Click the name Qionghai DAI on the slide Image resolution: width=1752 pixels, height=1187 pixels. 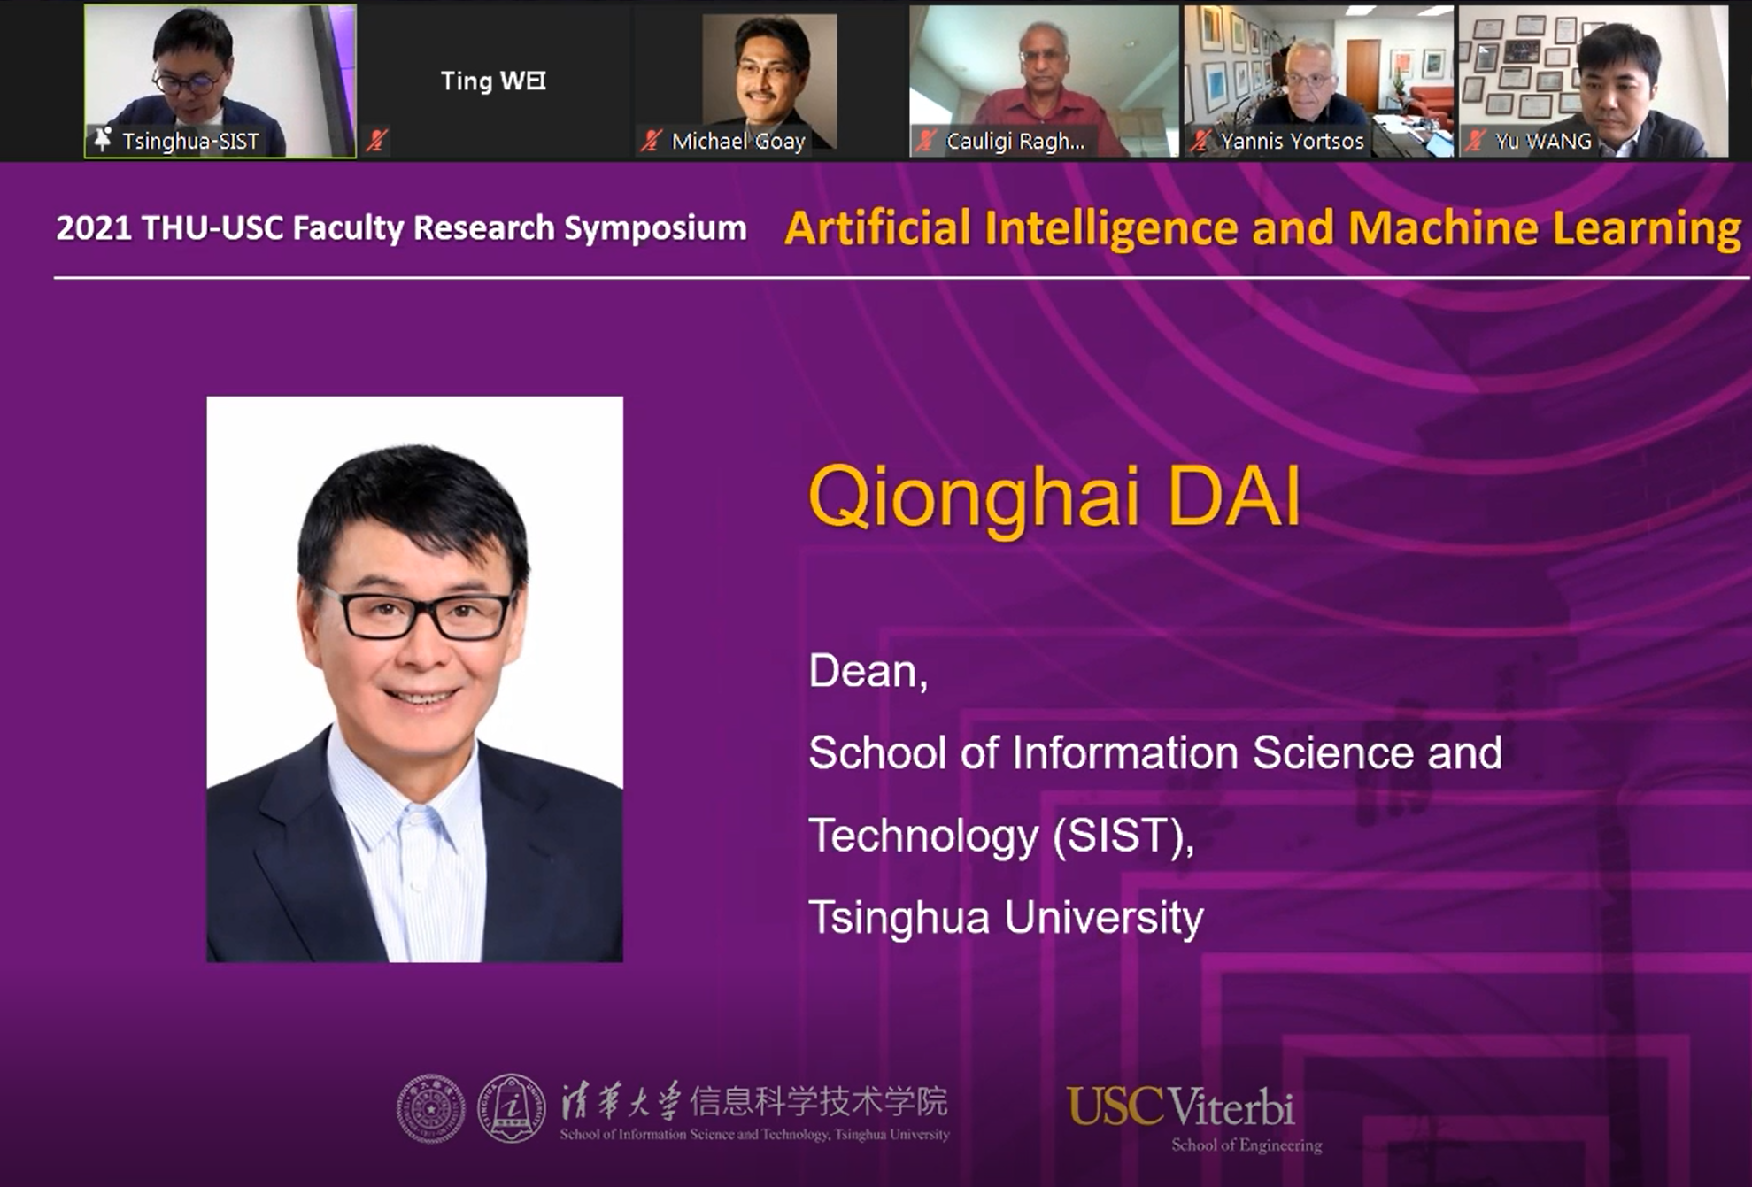point(1054,499)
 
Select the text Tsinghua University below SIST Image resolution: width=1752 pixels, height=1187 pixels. point(1006,917)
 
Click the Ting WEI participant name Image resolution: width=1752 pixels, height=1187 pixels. point(493,81)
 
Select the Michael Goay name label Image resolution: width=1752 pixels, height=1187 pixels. point(738,141)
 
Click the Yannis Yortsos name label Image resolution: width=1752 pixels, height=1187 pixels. point(1292,141)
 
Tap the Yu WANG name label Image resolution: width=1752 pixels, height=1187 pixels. point(1543,141)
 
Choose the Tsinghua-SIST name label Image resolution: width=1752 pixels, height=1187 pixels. point(190,141)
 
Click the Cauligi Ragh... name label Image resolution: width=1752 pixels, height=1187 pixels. point(1015,141)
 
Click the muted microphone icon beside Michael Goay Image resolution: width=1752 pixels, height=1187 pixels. point(652,141)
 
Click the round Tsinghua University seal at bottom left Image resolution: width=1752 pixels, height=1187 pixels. point(431,1108)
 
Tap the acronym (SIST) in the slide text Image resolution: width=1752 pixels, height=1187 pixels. point(1123,836)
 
